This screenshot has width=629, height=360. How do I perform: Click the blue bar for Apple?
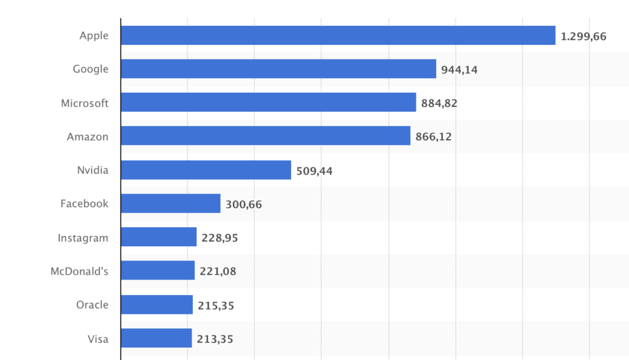338,36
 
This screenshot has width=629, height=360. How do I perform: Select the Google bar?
278,69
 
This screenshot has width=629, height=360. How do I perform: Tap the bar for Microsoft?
268,103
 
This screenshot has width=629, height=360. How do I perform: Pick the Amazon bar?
265,136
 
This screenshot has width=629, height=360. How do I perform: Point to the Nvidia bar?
206,170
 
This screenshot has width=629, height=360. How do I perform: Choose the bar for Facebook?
170,203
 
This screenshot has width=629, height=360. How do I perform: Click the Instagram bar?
158,237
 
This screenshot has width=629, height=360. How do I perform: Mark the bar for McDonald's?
157,270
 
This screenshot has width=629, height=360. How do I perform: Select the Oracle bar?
157,305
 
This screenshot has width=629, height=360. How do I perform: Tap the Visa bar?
156,338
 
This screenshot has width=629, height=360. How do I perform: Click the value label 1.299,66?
583,36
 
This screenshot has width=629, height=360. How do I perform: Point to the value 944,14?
459,70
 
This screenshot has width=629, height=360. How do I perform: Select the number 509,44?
314,171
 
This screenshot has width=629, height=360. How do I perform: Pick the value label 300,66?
243,205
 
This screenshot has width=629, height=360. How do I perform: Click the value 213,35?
215,338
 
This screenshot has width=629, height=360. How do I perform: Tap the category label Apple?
93,36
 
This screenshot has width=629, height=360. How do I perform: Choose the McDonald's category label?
79,270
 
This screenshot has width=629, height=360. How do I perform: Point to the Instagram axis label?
83,238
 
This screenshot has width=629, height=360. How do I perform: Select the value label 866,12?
433,137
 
